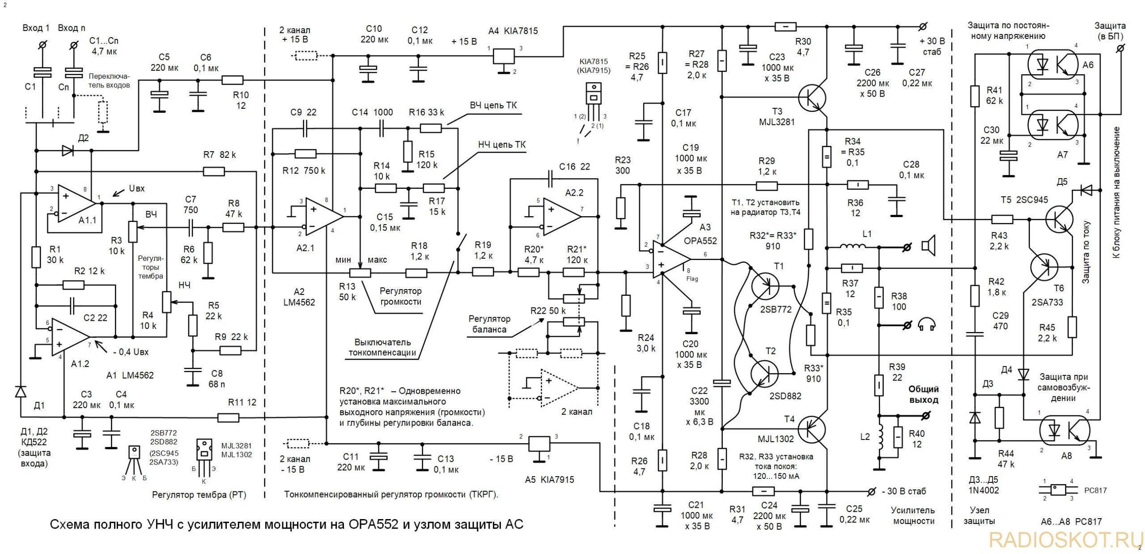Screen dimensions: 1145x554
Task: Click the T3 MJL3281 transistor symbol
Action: click(x=813, y=98)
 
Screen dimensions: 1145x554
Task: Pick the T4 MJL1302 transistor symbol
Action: click(x=813, y=429)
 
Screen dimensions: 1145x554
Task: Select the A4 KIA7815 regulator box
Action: click(x=504, y=56)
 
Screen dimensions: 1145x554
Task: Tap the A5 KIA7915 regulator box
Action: click(x=539, y=443)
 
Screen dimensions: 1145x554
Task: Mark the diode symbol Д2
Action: click(x=68, y=151)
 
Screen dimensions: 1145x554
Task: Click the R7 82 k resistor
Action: click(x=214, y=170)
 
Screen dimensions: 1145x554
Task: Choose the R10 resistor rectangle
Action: click(x=233, y=80)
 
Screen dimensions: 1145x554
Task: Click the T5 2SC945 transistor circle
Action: click(x=1059, y=219)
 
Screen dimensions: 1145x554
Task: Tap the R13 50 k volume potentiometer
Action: click(x=360, y=272)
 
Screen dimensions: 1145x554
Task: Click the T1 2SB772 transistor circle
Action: click(x=764, y=286)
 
